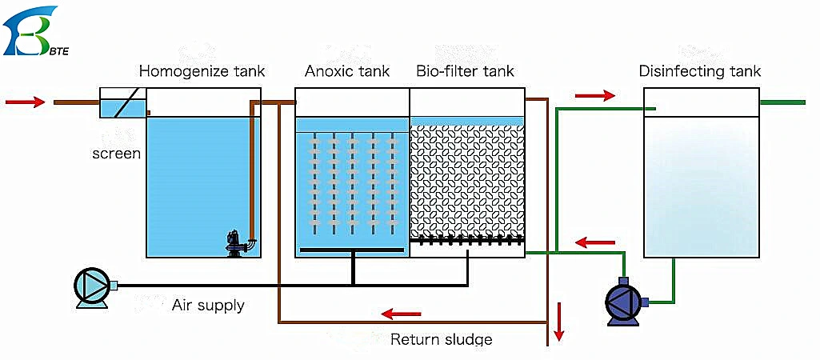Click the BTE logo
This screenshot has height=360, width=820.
point(37,30)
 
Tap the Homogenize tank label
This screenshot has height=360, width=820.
point(202,71)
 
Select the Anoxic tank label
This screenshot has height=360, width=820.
point(347,71)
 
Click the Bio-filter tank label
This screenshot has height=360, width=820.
point(466,70)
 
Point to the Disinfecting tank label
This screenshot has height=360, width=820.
point(700,71)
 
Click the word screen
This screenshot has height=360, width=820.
point(117,154)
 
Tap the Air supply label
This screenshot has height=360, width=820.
point(208,305)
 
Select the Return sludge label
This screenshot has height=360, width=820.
point(442,339)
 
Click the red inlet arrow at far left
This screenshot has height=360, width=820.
point(25,102)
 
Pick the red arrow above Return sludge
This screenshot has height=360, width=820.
point(401,314)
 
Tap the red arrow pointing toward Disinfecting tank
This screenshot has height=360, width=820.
point(595,95)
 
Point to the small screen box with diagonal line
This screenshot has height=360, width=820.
point(123,103)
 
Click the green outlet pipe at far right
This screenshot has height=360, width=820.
point(782,102)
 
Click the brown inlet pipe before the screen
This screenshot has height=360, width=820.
point(77,102)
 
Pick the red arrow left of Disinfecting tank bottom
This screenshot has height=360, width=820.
point(595,242)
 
